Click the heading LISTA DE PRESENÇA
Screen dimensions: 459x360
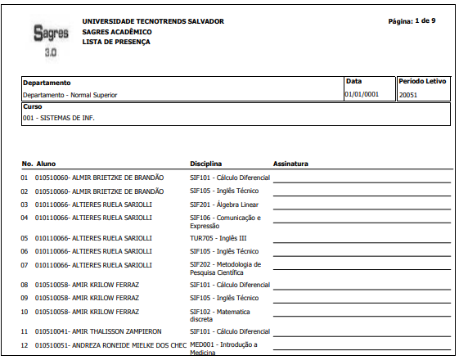[x=116, y=41]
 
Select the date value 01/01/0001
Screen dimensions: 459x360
[x=361, y=95]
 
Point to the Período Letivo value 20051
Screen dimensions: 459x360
[x=408, y=95]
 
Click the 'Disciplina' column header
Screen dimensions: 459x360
[x=206, y=164]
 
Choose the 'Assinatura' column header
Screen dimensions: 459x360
[x=290, y=164]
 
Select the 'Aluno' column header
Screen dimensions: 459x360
[x=46, y=164]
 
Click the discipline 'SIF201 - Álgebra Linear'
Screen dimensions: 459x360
[x=224, y=204]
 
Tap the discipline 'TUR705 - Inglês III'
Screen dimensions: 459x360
[x=218, y=238]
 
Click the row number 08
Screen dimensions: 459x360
[x=25, y=284]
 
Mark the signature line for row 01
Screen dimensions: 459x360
[x=362, y=180]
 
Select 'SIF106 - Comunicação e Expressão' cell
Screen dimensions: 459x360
[x=225, y=221]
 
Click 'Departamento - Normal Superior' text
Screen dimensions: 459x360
[x=70, y=95]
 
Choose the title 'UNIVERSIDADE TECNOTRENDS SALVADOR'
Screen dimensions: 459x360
[x=153, y=21]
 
